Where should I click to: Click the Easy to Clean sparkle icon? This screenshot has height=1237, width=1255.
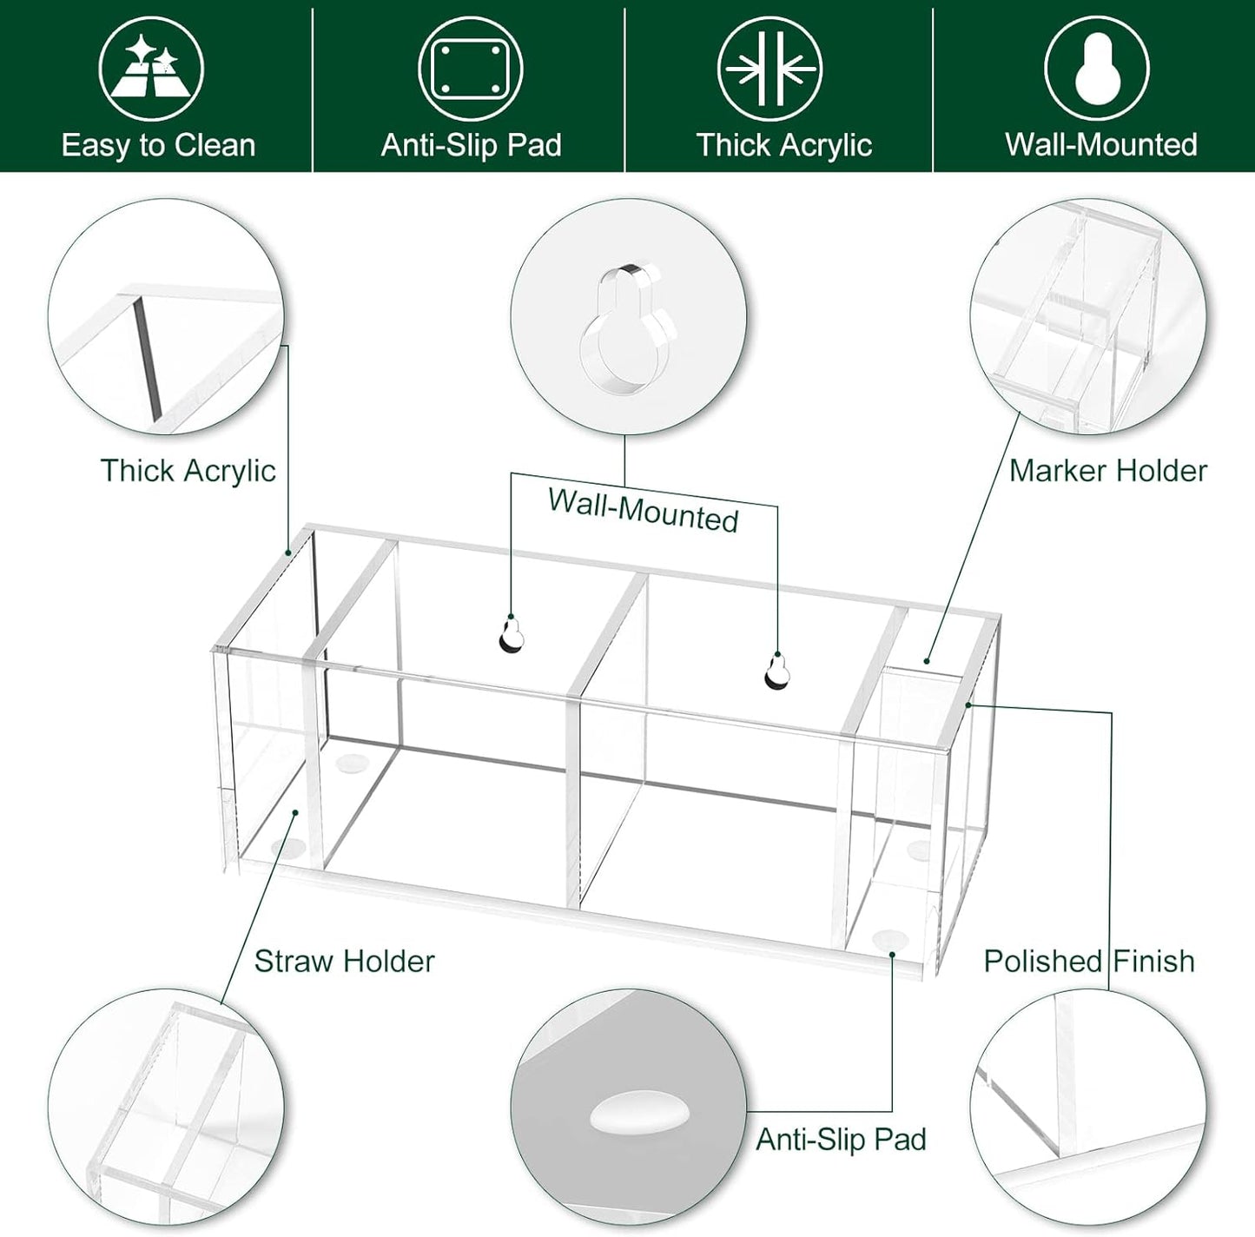tap(151, 69)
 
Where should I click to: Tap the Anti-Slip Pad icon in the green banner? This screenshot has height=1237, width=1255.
tap(470, 69)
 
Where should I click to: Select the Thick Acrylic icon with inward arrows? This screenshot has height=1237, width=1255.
tap(770, 69)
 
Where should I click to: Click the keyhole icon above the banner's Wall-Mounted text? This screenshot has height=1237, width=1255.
tap(1097, 69)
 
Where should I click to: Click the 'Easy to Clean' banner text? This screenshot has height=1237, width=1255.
tap(158, 145)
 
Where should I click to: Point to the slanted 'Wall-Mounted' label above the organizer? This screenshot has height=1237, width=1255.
tap(644, 510)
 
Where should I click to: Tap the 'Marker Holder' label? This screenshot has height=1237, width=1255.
tap(1108, 471)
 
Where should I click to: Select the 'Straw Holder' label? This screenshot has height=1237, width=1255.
tap(344, 962)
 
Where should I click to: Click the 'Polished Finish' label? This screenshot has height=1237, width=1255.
tap(1089, 962)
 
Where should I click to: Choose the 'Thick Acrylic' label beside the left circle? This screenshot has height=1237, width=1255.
tap(188, 471)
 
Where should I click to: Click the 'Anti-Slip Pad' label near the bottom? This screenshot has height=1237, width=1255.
tap(841, 1140)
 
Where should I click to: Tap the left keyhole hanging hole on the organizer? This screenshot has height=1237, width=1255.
tap(512, 635)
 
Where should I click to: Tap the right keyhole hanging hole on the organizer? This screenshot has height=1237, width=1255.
tap(777, 671)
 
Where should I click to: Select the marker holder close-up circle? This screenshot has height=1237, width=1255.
tap(1088, 316)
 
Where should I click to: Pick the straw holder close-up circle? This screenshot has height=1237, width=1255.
tap(166, 1107)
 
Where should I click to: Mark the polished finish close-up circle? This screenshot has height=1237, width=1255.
tap(1088, 1107)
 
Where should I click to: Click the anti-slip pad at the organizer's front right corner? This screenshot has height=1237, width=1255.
tap(889, 939)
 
